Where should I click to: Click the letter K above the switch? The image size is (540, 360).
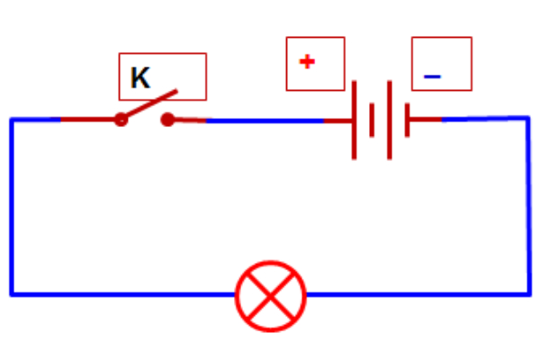coord(139,78)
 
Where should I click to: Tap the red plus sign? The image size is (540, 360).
coord(308,62)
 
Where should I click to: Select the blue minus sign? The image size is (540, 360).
coord(432,77)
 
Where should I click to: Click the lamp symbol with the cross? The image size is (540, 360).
coord(270,294)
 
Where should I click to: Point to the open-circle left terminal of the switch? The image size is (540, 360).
coord(121,119)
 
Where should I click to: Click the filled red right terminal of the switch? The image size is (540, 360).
coord(166,119)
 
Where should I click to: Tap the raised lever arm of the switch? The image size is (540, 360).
coord(148,104)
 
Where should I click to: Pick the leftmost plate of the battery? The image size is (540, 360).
coord(355,120)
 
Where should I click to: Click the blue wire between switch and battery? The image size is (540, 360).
coord(265,120)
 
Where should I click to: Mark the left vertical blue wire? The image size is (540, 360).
coord(12,207)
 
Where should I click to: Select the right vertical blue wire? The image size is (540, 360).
coord(528,207)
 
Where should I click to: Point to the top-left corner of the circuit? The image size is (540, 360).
coord(12,119)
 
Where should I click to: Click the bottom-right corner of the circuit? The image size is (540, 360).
coord(528,293)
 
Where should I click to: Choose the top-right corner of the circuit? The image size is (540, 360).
coord(528,117)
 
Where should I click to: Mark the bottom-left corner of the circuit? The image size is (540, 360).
coord(12,294)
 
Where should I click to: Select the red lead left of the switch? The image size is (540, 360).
coord(85,119)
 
